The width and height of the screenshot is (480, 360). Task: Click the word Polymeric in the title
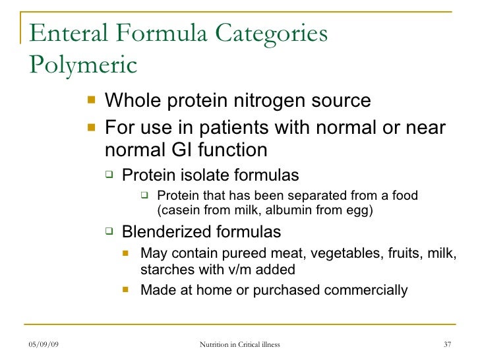click(83, 65)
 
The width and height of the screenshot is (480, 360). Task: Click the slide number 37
click(448, 345)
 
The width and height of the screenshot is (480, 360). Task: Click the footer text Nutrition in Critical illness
click(239, 345)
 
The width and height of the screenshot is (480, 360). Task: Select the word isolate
click(198, 175)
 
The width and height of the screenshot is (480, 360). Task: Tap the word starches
click(165, 269)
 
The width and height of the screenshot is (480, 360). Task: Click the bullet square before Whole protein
click(90, 101)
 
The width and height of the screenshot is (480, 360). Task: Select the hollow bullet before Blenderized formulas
click(110, 231)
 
